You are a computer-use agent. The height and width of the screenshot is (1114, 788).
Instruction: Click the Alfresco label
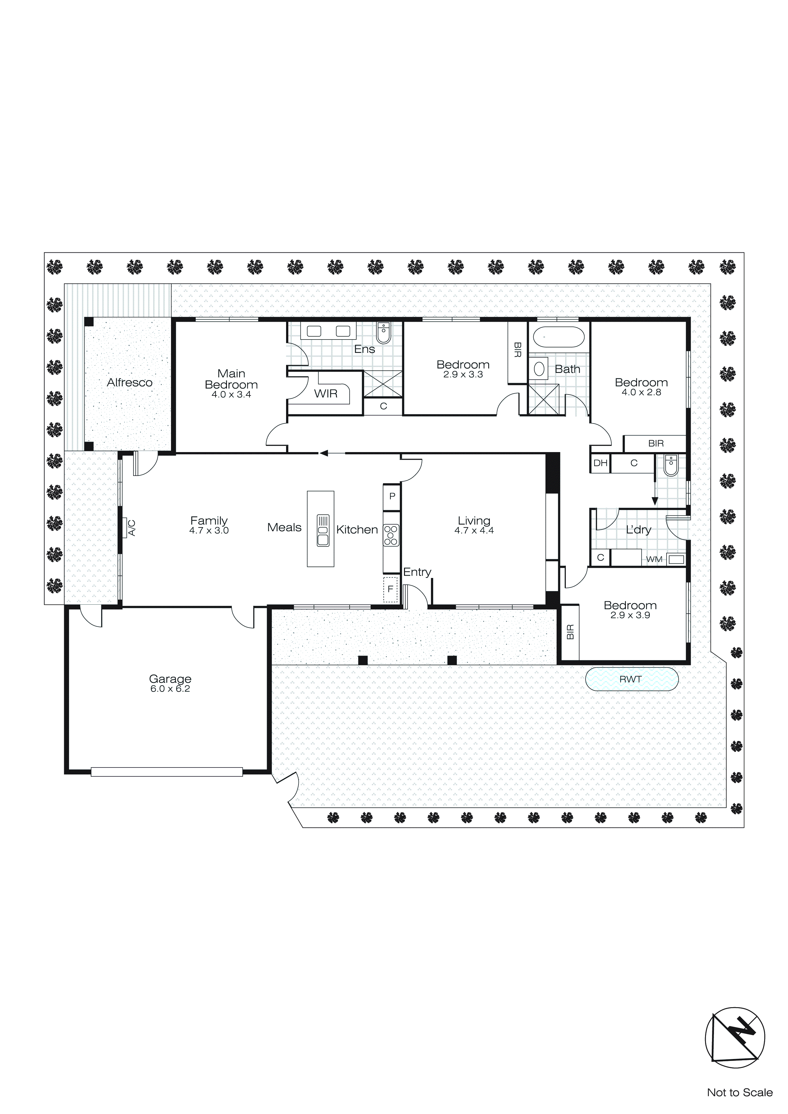point(130,382)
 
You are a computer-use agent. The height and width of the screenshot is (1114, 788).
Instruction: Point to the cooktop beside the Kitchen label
point(391,535)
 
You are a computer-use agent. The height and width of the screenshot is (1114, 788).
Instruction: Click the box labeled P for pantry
point(392,496)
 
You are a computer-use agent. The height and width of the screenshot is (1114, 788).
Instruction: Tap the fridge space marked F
point(390,589)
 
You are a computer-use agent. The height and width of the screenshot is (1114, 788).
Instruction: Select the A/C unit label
point(131,527)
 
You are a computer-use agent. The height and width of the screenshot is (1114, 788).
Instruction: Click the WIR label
point(325,394)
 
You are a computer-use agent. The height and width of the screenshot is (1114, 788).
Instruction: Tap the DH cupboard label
point(600,463)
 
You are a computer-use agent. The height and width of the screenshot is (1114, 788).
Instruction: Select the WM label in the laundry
point(654,560)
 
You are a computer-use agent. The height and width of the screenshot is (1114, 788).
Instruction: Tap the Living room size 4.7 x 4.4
point(474,530)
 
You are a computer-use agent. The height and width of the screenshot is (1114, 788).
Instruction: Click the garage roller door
point(167,772)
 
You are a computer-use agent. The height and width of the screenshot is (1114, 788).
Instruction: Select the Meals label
point(284,527)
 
